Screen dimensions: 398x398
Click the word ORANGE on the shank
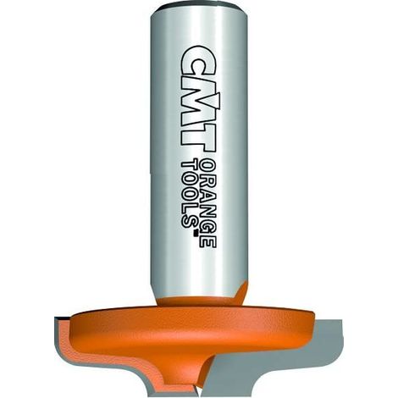click(208, 202)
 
